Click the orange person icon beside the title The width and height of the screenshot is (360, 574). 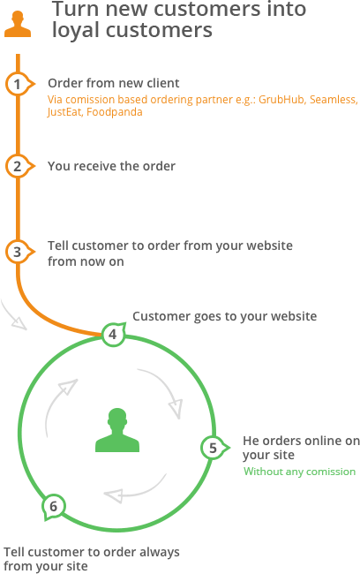tap(18, 24)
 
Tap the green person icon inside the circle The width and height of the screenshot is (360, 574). tap(117, 430)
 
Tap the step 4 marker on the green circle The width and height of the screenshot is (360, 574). tap(114, 334)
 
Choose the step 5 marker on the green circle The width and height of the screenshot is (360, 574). tap(214, 448)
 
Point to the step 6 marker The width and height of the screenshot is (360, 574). tap(54, 507)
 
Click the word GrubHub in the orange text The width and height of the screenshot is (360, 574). tap(281, 100)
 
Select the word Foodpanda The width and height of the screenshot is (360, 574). tap(115, 112)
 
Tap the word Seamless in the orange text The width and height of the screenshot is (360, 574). tap(334, 100)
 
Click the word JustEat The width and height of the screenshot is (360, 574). tap(65, 112)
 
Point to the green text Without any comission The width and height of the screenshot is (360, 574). tap(300, 472)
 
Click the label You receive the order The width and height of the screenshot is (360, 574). tap(111, 166)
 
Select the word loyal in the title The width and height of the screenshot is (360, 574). tap(76, 30)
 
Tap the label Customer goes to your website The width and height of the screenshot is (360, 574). tap(225, 316)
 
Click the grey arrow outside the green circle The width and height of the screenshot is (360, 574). tap(13, 315)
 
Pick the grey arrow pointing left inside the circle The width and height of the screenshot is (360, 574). tap(135, 488)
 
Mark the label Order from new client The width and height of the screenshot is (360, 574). tap(114, 83)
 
